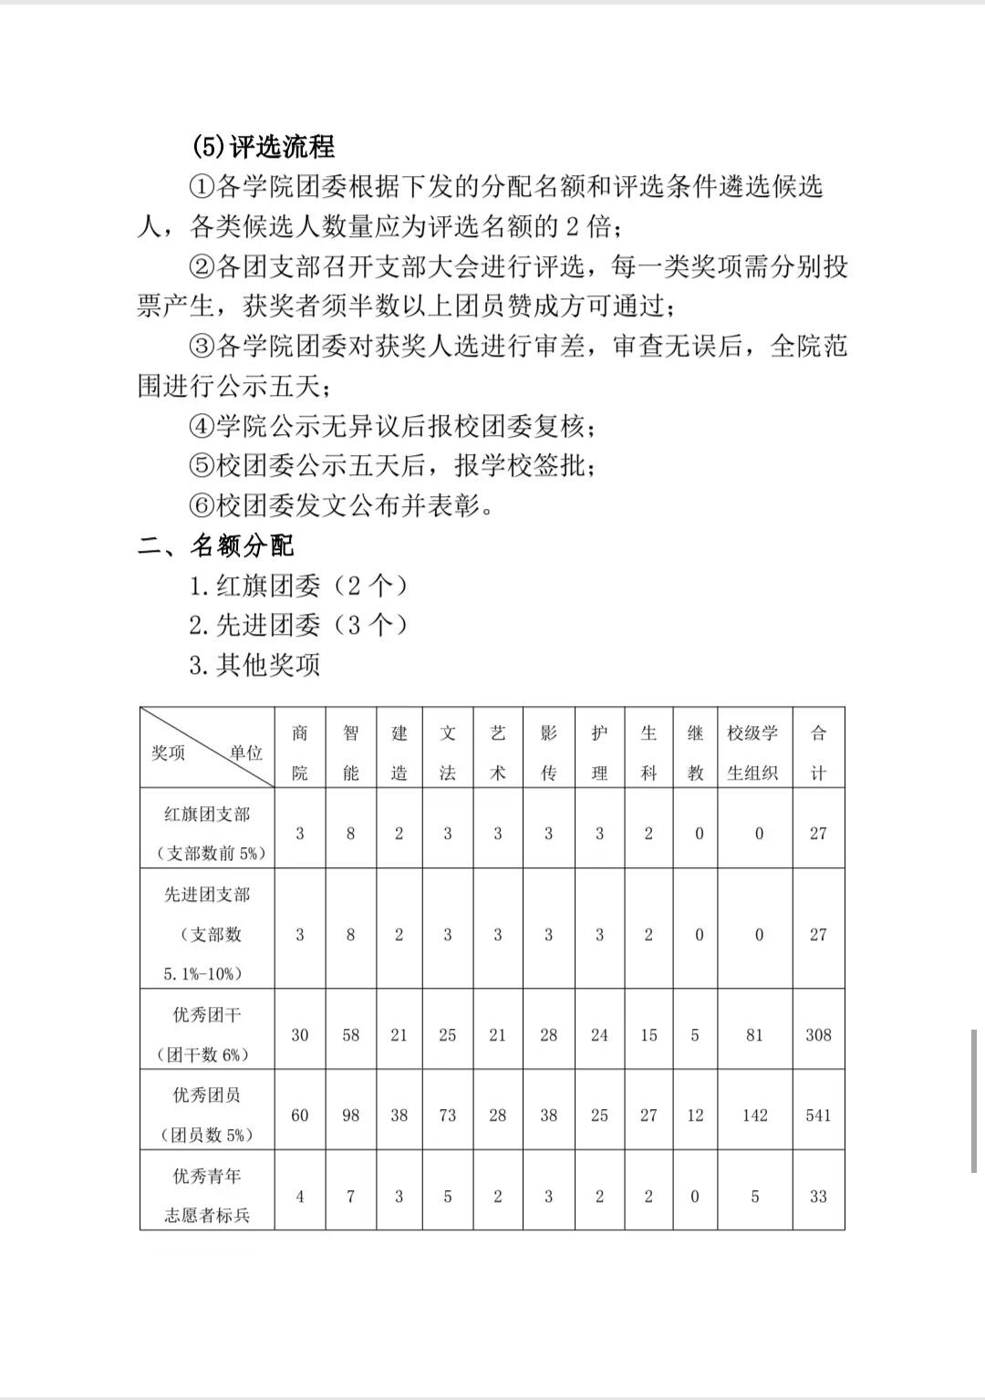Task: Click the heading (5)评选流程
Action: (x=263, y=146)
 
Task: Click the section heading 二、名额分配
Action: (x=216, y=545)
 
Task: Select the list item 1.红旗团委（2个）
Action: (x=297, y=585)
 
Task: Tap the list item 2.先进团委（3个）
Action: (x=297, y=625)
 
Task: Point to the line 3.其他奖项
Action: (x=254, y=665)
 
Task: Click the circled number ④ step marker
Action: (x=201, y=426)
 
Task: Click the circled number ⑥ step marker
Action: (x=201, y=505)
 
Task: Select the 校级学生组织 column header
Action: (x=753, y=752)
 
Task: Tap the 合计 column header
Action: (x=818, y=752)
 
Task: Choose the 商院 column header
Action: (x=300, y=752)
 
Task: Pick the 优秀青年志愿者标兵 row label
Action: (x=207, y=1195)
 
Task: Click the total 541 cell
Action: (x=818, y=1115)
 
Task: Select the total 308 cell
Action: (x=818, y=1035)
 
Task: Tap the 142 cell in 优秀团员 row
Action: (x=754, y=1115)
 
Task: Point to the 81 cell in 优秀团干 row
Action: (x=754, y=1035)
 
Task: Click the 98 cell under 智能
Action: (x=350, y=1115)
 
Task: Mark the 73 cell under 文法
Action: (x=447, y=1115)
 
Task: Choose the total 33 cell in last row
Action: (x=818, y=1197)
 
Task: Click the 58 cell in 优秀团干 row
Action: (x=350, y=1035)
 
